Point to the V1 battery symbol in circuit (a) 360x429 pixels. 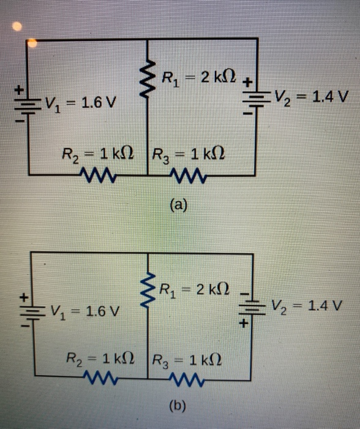tap(23, 102)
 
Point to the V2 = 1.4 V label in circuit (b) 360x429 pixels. tap(306, 305)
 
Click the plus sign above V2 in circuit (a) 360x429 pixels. tap(248, 80)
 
